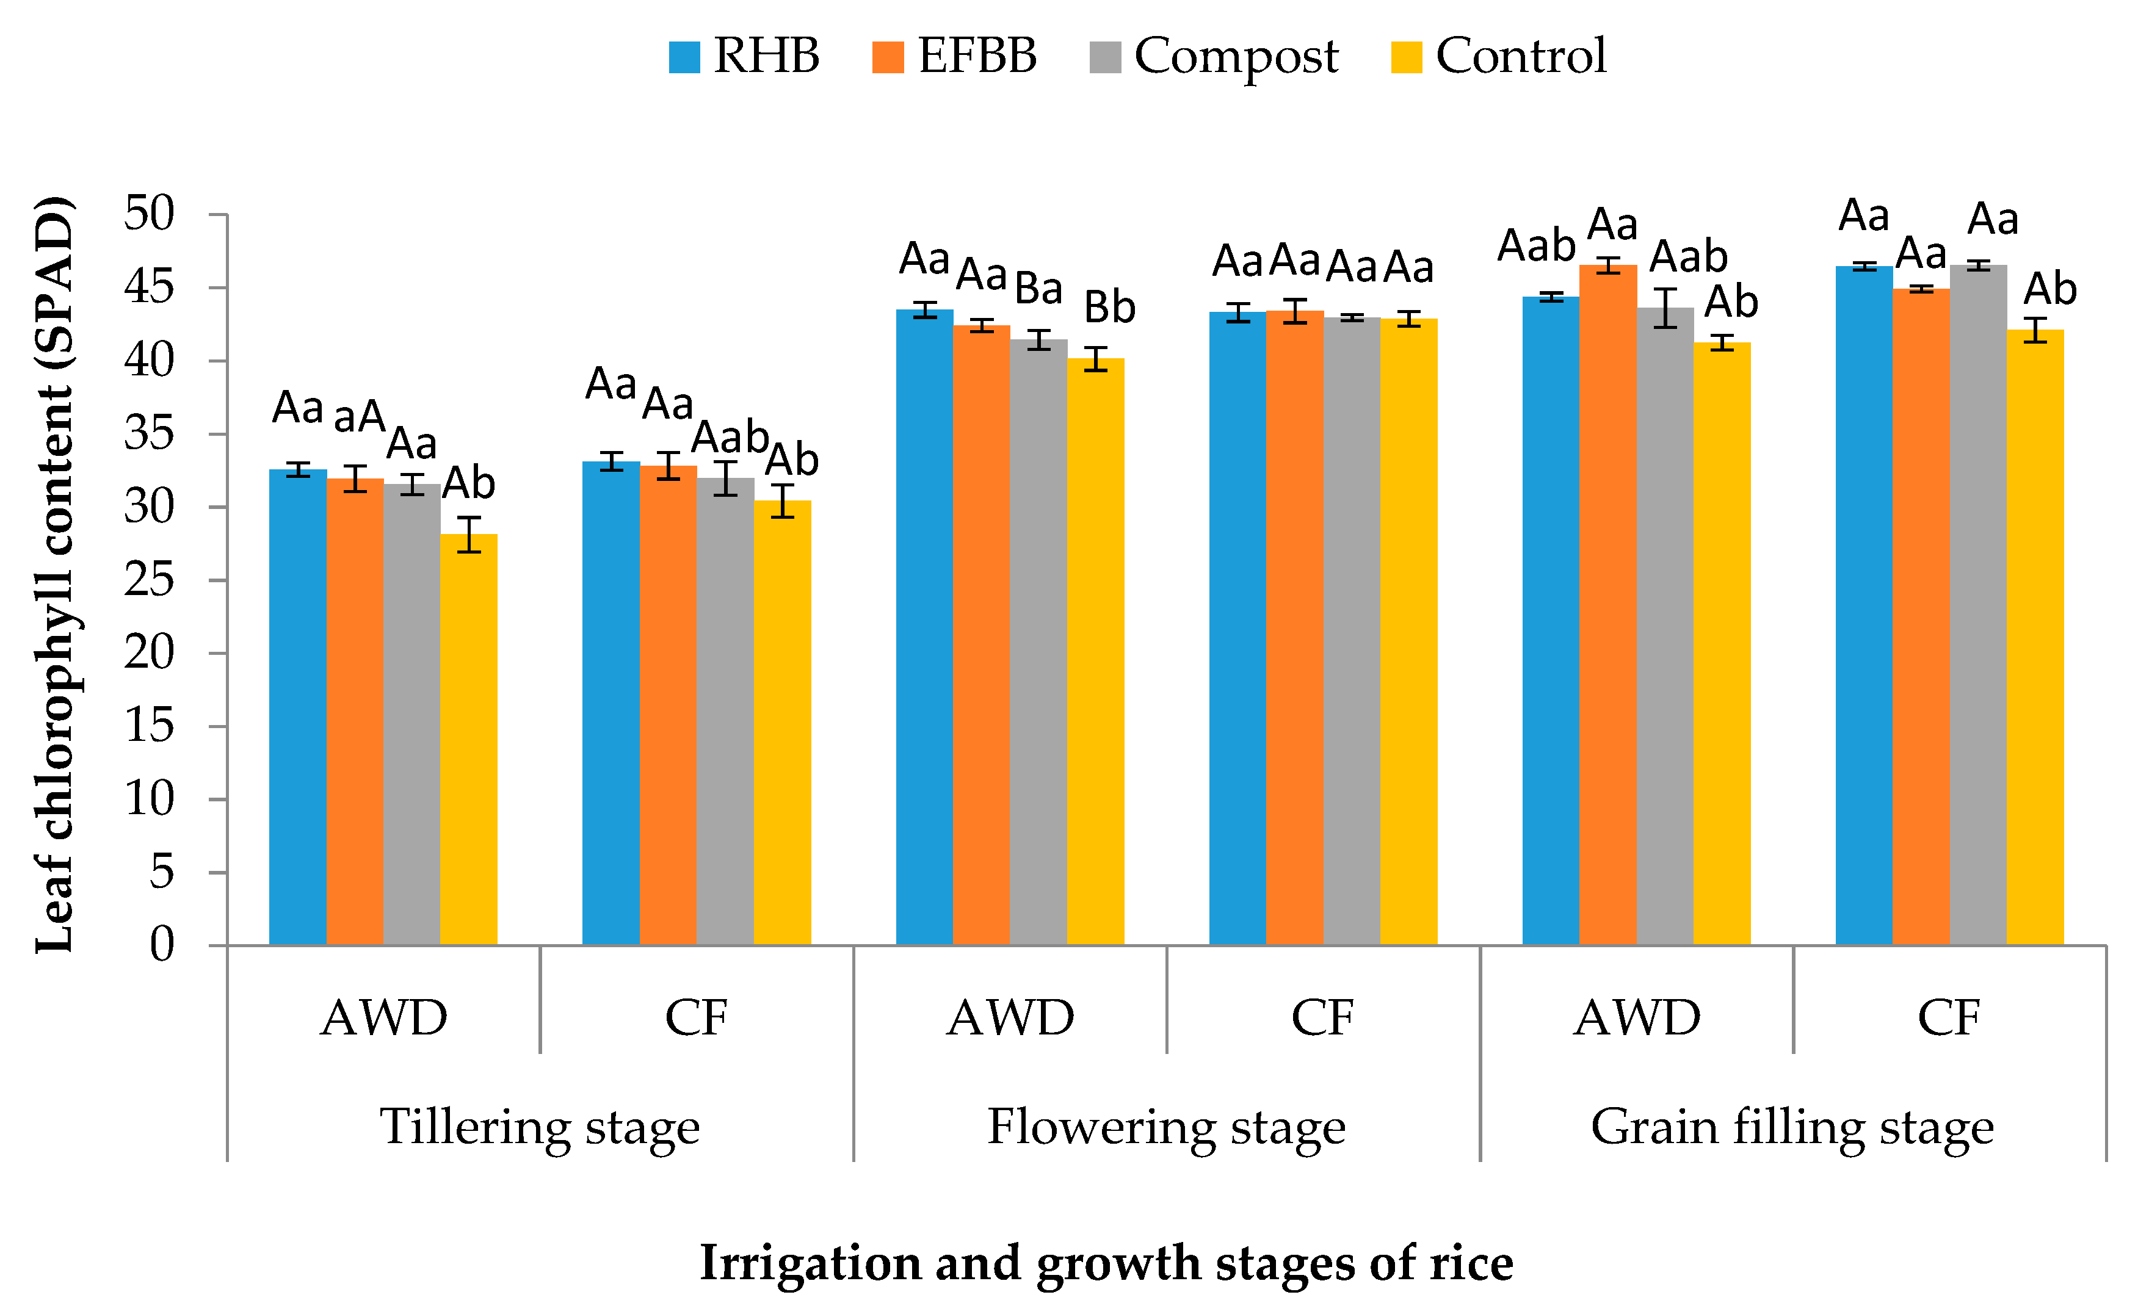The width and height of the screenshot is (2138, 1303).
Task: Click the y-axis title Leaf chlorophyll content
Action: [54, 574]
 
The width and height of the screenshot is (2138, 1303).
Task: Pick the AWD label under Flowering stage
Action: [1010, 1017]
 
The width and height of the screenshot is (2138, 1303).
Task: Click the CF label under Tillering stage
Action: [696, 1017]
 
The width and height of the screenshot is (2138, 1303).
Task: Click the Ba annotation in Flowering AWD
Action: [1038, 288]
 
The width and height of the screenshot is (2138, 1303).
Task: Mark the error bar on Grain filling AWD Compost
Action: [1665, 308]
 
